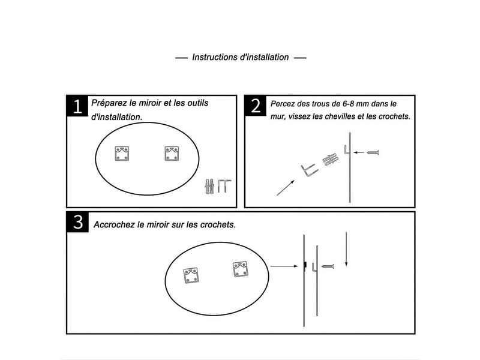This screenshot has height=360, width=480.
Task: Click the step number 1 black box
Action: click(x=77, y=106)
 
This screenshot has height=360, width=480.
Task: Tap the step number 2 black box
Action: click(x=256, y=106)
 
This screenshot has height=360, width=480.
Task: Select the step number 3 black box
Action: click(x=78, y=222)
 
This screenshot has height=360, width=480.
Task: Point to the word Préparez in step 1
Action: click(x=109, y=103)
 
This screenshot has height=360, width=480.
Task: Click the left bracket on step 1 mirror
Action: click(x=122, y=154)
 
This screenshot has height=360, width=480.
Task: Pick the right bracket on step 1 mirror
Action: click(x=172, y=154)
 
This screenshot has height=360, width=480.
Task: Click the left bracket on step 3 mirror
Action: click(x=191, y=275)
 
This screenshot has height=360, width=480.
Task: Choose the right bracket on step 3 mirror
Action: click(x=241, y=269)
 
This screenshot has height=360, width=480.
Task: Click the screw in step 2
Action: click(x=373, y=152)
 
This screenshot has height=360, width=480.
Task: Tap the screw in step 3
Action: click(x=328, y=266)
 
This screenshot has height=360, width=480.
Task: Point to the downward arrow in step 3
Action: click(x=346, y=249)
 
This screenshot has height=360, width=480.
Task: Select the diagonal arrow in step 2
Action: click(x=286, y=188)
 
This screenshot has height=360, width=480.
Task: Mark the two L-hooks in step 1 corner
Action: click(x=224, y=185)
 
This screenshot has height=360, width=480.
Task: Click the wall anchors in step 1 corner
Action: click(x=209, y=186)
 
